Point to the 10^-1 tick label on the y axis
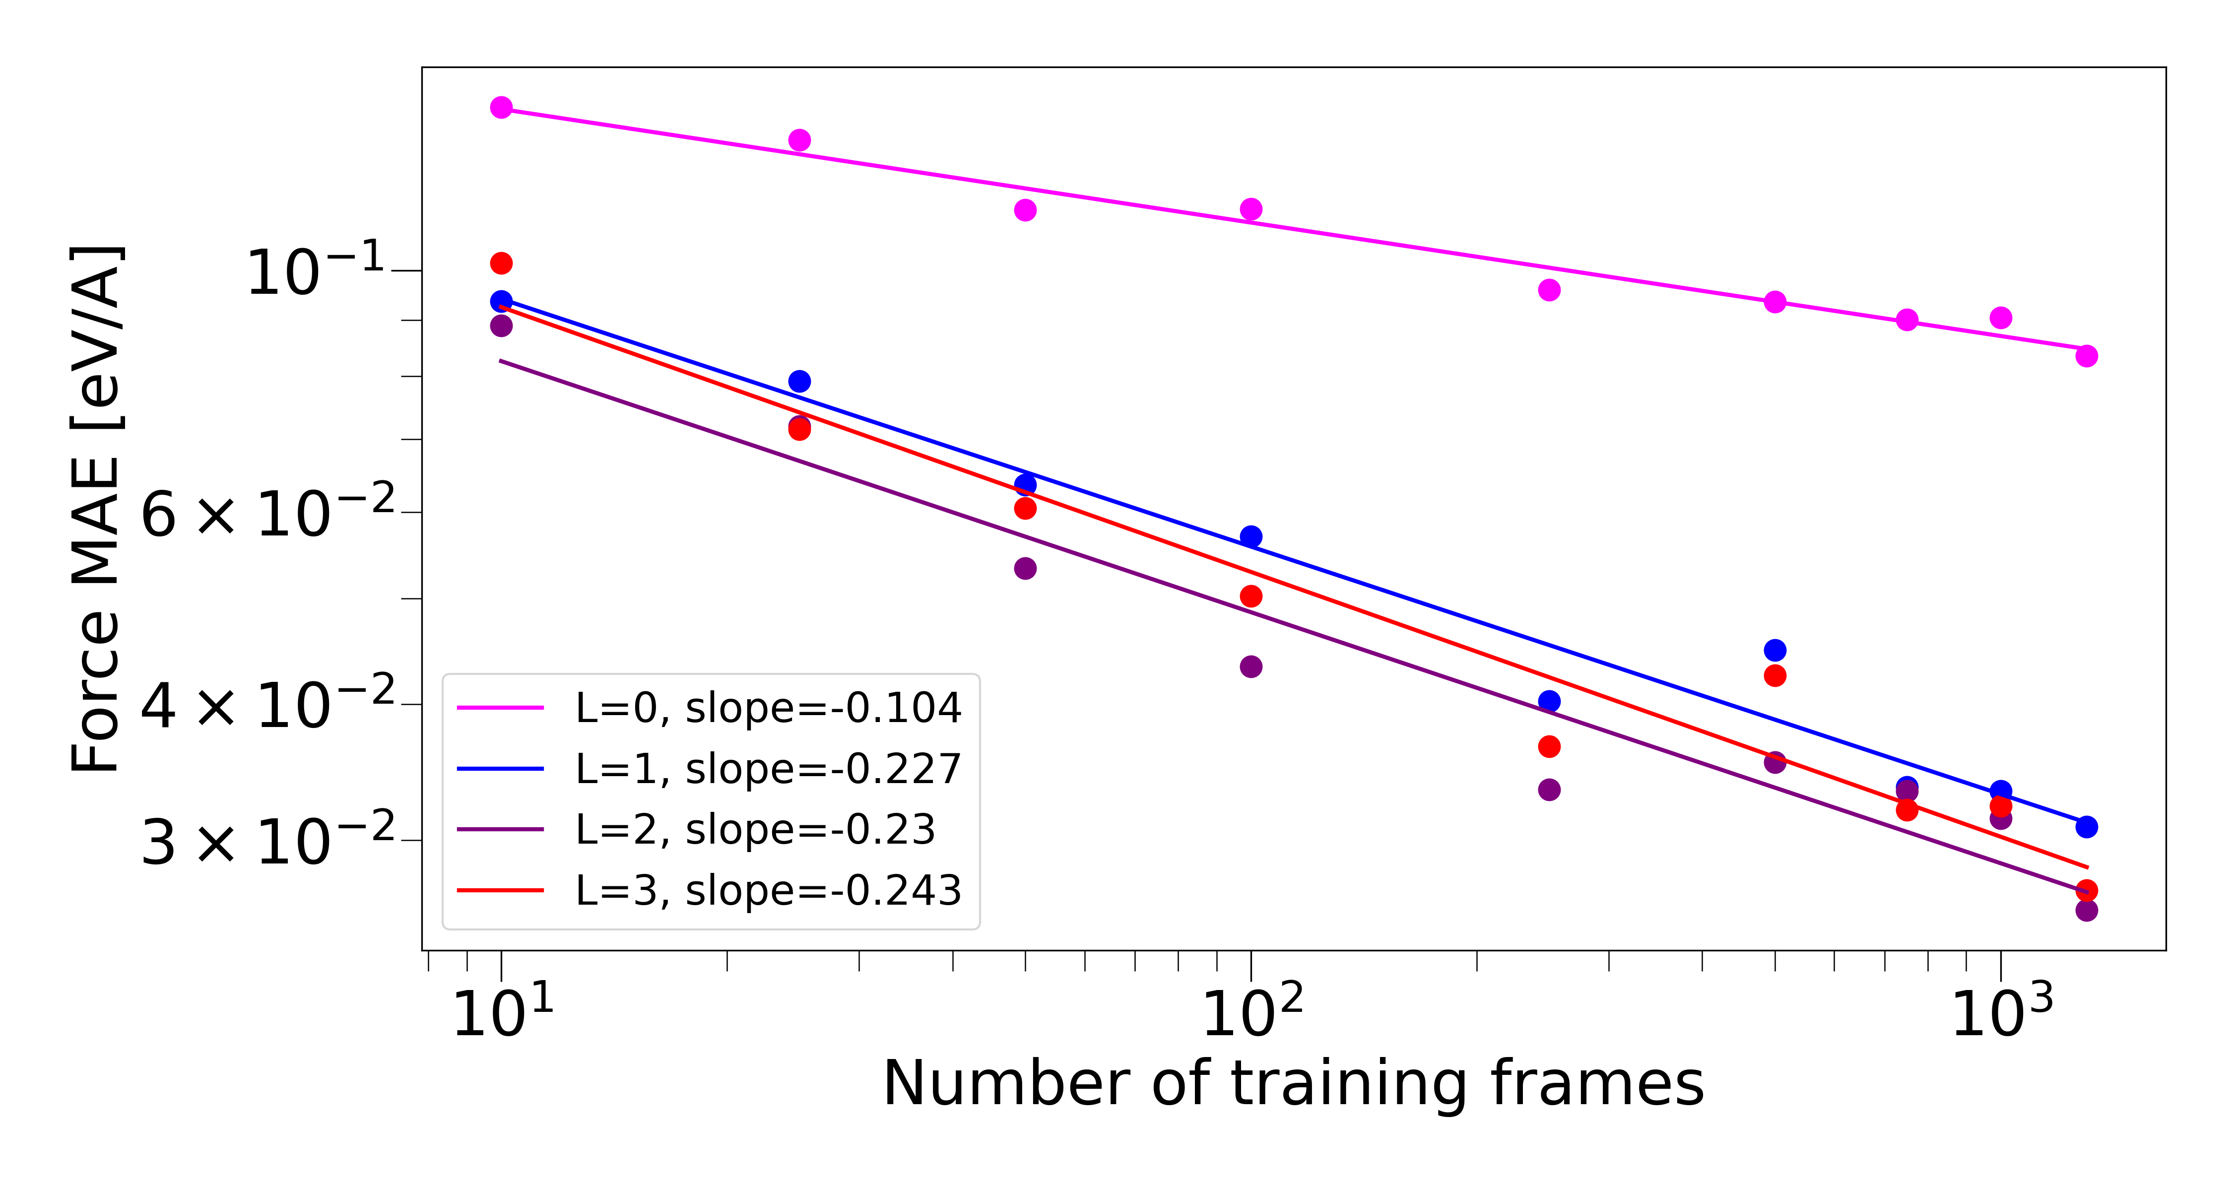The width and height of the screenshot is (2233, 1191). pos(317,272)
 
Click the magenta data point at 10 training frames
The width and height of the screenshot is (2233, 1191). pos(501,108)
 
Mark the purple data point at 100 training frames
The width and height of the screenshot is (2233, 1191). pos(1251,666)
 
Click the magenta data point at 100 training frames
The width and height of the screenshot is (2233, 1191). pos(1251,209)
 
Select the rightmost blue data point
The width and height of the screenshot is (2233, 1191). pos(2087,827)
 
